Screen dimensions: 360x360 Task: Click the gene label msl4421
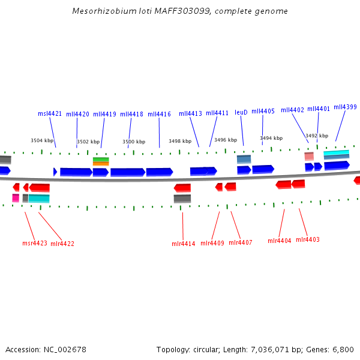click(50, 113)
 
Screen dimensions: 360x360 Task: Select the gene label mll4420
click(77, 113)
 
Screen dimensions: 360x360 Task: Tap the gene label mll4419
click(104, 113)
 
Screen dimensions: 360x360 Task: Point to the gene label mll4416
click(159, 113)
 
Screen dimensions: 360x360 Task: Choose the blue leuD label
click(241, 112)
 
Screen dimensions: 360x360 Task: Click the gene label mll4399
click(345, 107)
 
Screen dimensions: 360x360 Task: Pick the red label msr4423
click(35, 243)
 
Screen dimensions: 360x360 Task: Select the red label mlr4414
click(183, 243)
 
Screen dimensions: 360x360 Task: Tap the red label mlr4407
click(240, 242)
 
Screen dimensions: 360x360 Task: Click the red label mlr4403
click(308, 239)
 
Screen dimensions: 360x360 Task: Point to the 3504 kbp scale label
click(42, 140)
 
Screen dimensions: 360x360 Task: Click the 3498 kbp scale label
click(180, 142)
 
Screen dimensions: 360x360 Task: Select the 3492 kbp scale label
click(317, 136)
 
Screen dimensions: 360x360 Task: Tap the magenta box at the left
click(16, 198)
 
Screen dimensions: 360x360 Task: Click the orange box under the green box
click(101, 164)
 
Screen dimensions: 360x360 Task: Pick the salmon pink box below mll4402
click(309, 156)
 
